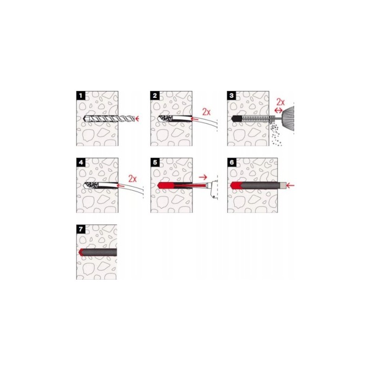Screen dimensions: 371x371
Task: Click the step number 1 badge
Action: pos(81,96)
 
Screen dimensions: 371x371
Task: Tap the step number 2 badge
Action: pos(155,96)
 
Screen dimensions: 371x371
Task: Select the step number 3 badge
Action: pos(231,96)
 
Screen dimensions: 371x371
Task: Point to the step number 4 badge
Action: pos(81,163)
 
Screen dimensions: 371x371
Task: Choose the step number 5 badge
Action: pos(155,163)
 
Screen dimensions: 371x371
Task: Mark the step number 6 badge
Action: pos(231,163)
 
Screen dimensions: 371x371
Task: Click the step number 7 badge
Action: pos(81,229)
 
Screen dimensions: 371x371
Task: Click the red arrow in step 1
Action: pos(136,118)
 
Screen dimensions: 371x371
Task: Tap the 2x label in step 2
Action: pos(206,112)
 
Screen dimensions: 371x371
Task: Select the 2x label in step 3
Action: pos(281,102)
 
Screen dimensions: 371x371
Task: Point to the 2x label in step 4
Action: pos(133,179)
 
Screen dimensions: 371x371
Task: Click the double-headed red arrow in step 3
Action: pos(278,110)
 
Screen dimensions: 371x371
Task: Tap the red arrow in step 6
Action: pos(291,185)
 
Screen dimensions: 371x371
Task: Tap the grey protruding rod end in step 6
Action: pos(283,185)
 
